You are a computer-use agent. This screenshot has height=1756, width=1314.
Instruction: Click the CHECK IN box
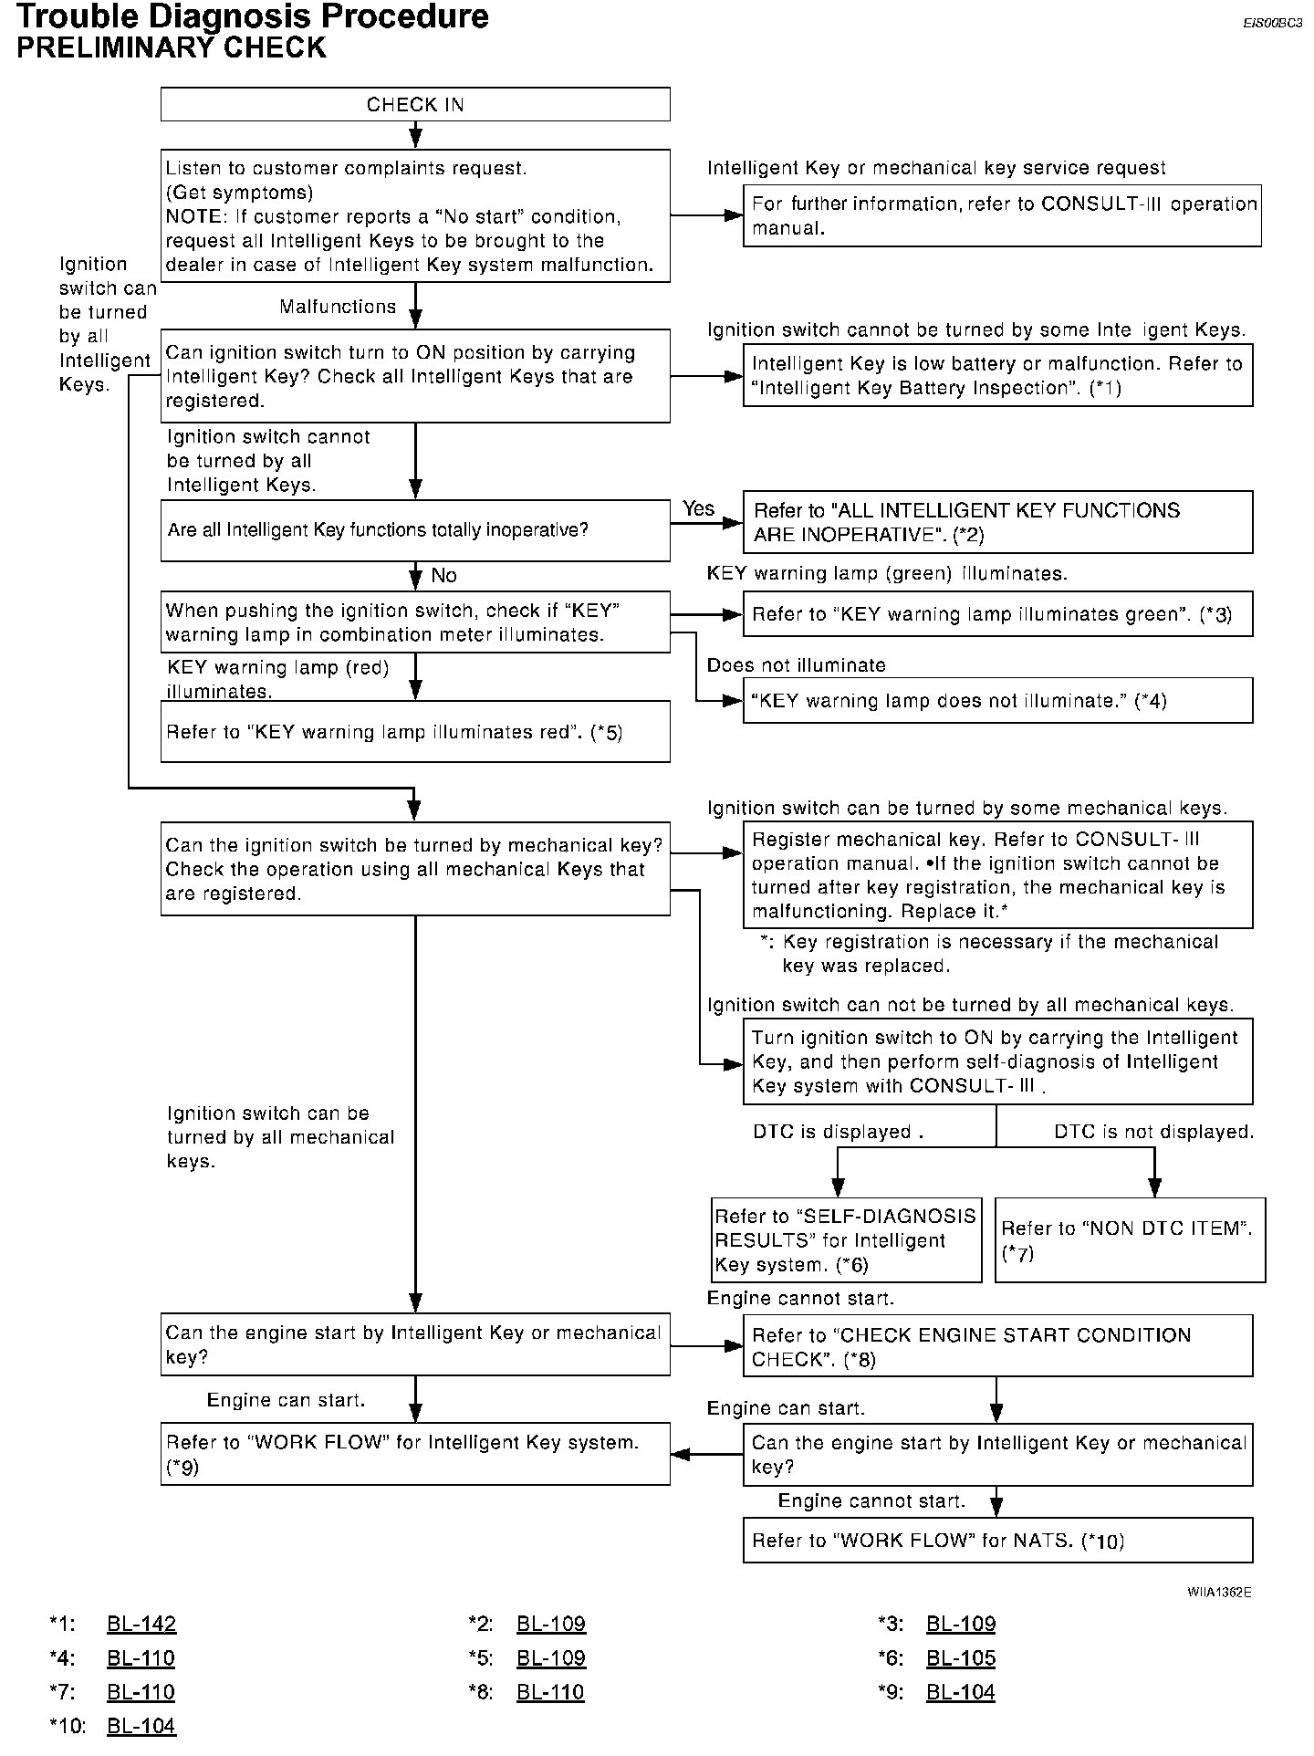tap(415, 104)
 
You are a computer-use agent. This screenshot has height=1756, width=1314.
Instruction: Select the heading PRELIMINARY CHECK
tap(172, 47)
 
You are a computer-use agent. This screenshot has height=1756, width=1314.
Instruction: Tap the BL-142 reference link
tap(141, 1624)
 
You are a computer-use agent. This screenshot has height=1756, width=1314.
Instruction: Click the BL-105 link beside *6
tap(961, 1657)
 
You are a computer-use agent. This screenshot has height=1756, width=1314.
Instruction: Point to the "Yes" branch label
tap(698, 508)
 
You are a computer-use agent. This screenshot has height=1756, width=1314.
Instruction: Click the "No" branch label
tap(443, 575)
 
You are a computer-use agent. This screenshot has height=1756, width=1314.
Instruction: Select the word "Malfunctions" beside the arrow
tap(338, 307)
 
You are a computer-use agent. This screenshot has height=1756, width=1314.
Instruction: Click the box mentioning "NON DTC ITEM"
tap(1130, 1239)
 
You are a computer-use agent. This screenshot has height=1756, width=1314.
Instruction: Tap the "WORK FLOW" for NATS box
tap(997, 1541)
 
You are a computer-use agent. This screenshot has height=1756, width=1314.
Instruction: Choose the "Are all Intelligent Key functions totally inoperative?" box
tap(415, 529)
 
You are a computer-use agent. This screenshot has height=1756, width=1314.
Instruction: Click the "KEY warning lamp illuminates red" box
tap(415, 731)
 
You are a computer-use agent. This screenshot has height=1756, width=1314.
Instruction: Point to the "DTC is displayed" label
tap(838, 1132)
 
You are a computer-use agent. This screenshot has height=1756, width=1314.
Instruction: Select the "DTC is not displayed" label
tap(1153, 1132)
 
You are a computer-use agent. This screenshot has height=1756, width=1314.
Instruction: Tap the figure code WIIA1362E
tap(1219, 1592)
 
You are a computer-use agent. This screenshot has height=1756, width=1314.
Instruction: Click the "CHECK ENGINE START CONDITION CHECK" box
tap(997, 1345)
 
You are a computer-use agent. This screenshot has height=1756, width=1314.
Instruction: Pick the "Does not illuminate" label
tap(796, 665)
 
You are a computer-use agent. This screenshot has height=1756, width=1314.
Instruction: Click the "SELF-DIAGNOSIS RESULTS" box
tap(846, 1239)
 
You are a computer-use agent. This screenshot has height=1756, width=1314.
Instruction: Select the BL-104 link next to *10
tap(141, 1726)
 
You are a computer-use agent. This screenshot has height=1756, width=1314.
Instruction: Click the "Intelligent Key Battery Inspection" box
tap(997, 375)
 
